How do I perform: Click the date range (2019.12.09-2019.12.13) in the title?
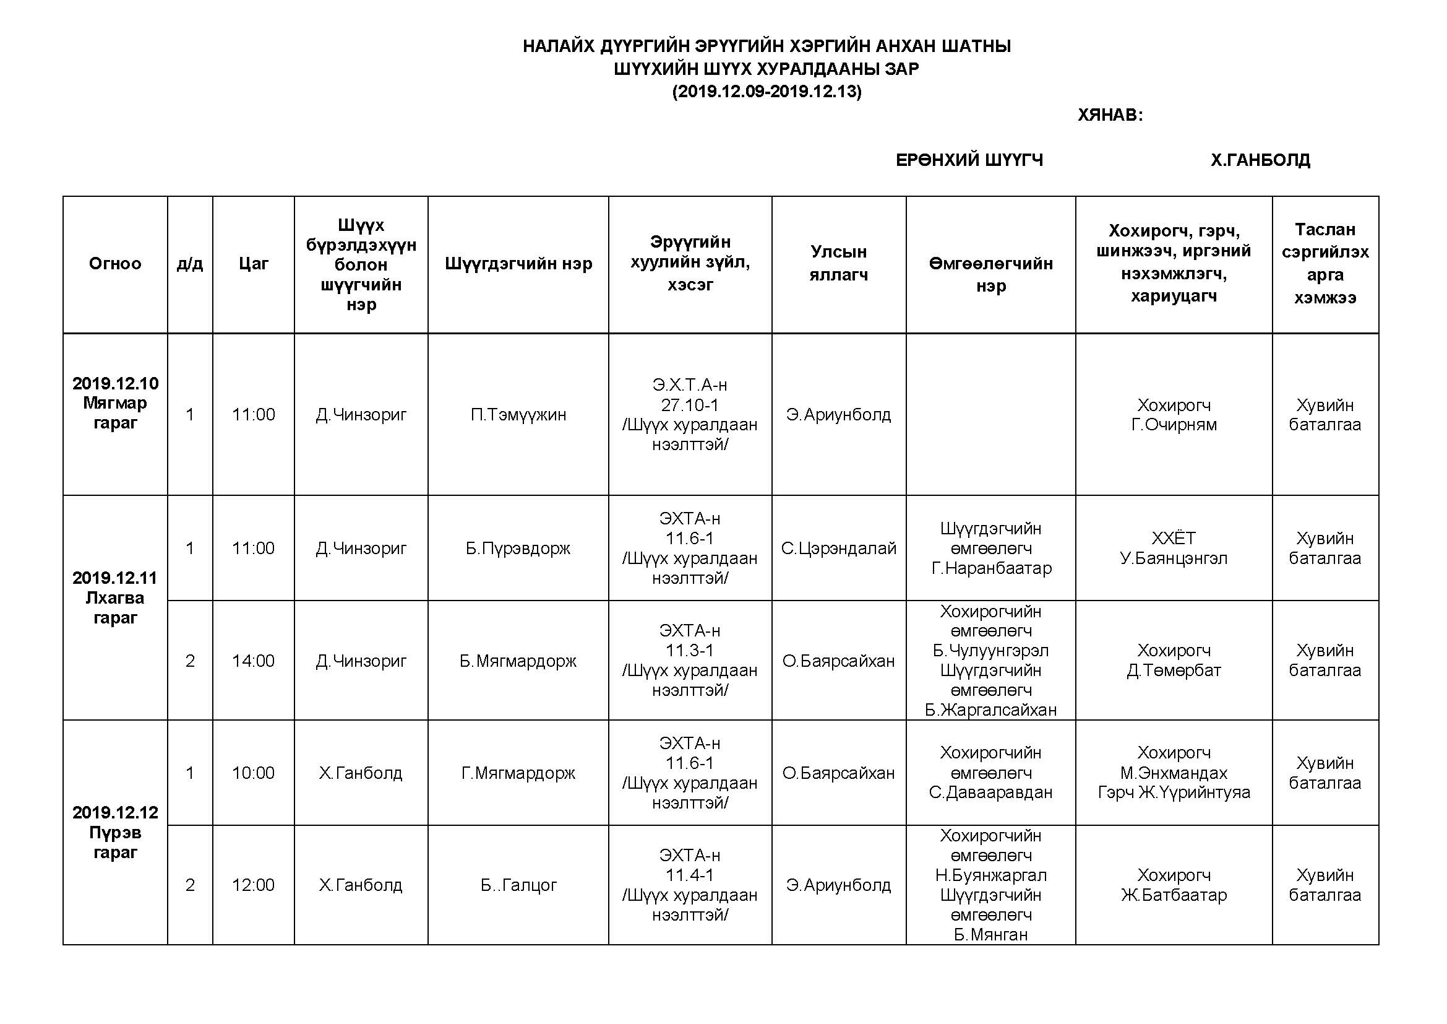(x=766, y=92)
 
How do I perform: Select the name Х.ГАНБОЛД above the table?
(x=1260, y=160)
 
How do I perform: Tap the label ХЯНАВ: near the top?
(x=1110, y=115)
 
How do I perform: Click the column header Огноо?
(x=114, y=264)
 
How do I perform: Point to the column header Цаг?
(x=254, y=264)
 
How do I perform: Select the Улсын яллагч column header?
(x=838, y=264)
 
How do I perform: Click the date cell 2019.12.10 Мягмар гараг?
(x=114, y=403)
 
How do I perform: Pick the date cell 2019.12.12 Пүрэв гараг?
(x=114, y=832)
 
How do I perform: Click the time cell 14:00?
(x=254, y=661)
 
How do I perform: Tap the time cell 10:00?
(x=254, y=773)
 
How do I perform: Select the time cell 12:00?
(x=254, y=885)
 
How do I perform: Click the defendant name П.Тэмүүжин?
(x=518, y=415)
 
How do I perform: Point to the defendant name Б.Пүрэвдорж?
(x=518, y=549)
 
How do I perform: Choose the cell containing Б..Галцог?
(x=518, y=885)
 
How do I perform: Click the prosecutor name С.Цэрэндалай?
(x=838, y=549)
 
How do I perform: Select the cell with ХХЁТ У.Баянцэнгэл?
(x=1174, y=549)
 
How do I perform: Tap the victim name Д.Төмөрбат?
(x=1174, y=671)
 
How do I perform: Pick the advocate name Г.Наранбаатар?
(x=991, y=569)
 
